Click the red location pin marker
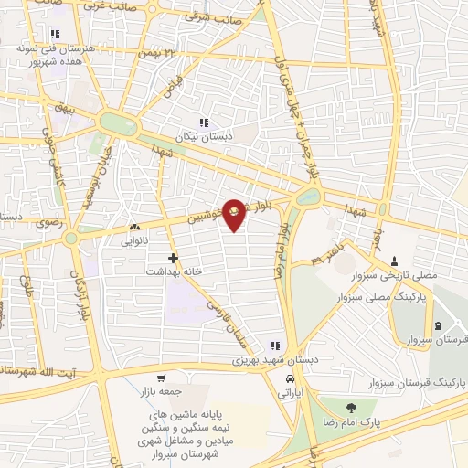[235, 213]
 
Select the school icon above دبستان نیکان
[204, 122]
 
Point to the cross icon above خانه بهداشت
[174, 259]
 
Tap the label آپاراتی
[292, 392]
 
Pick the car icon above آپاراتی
[290, 378]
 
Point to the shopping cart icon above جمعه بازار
[161, 378]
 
